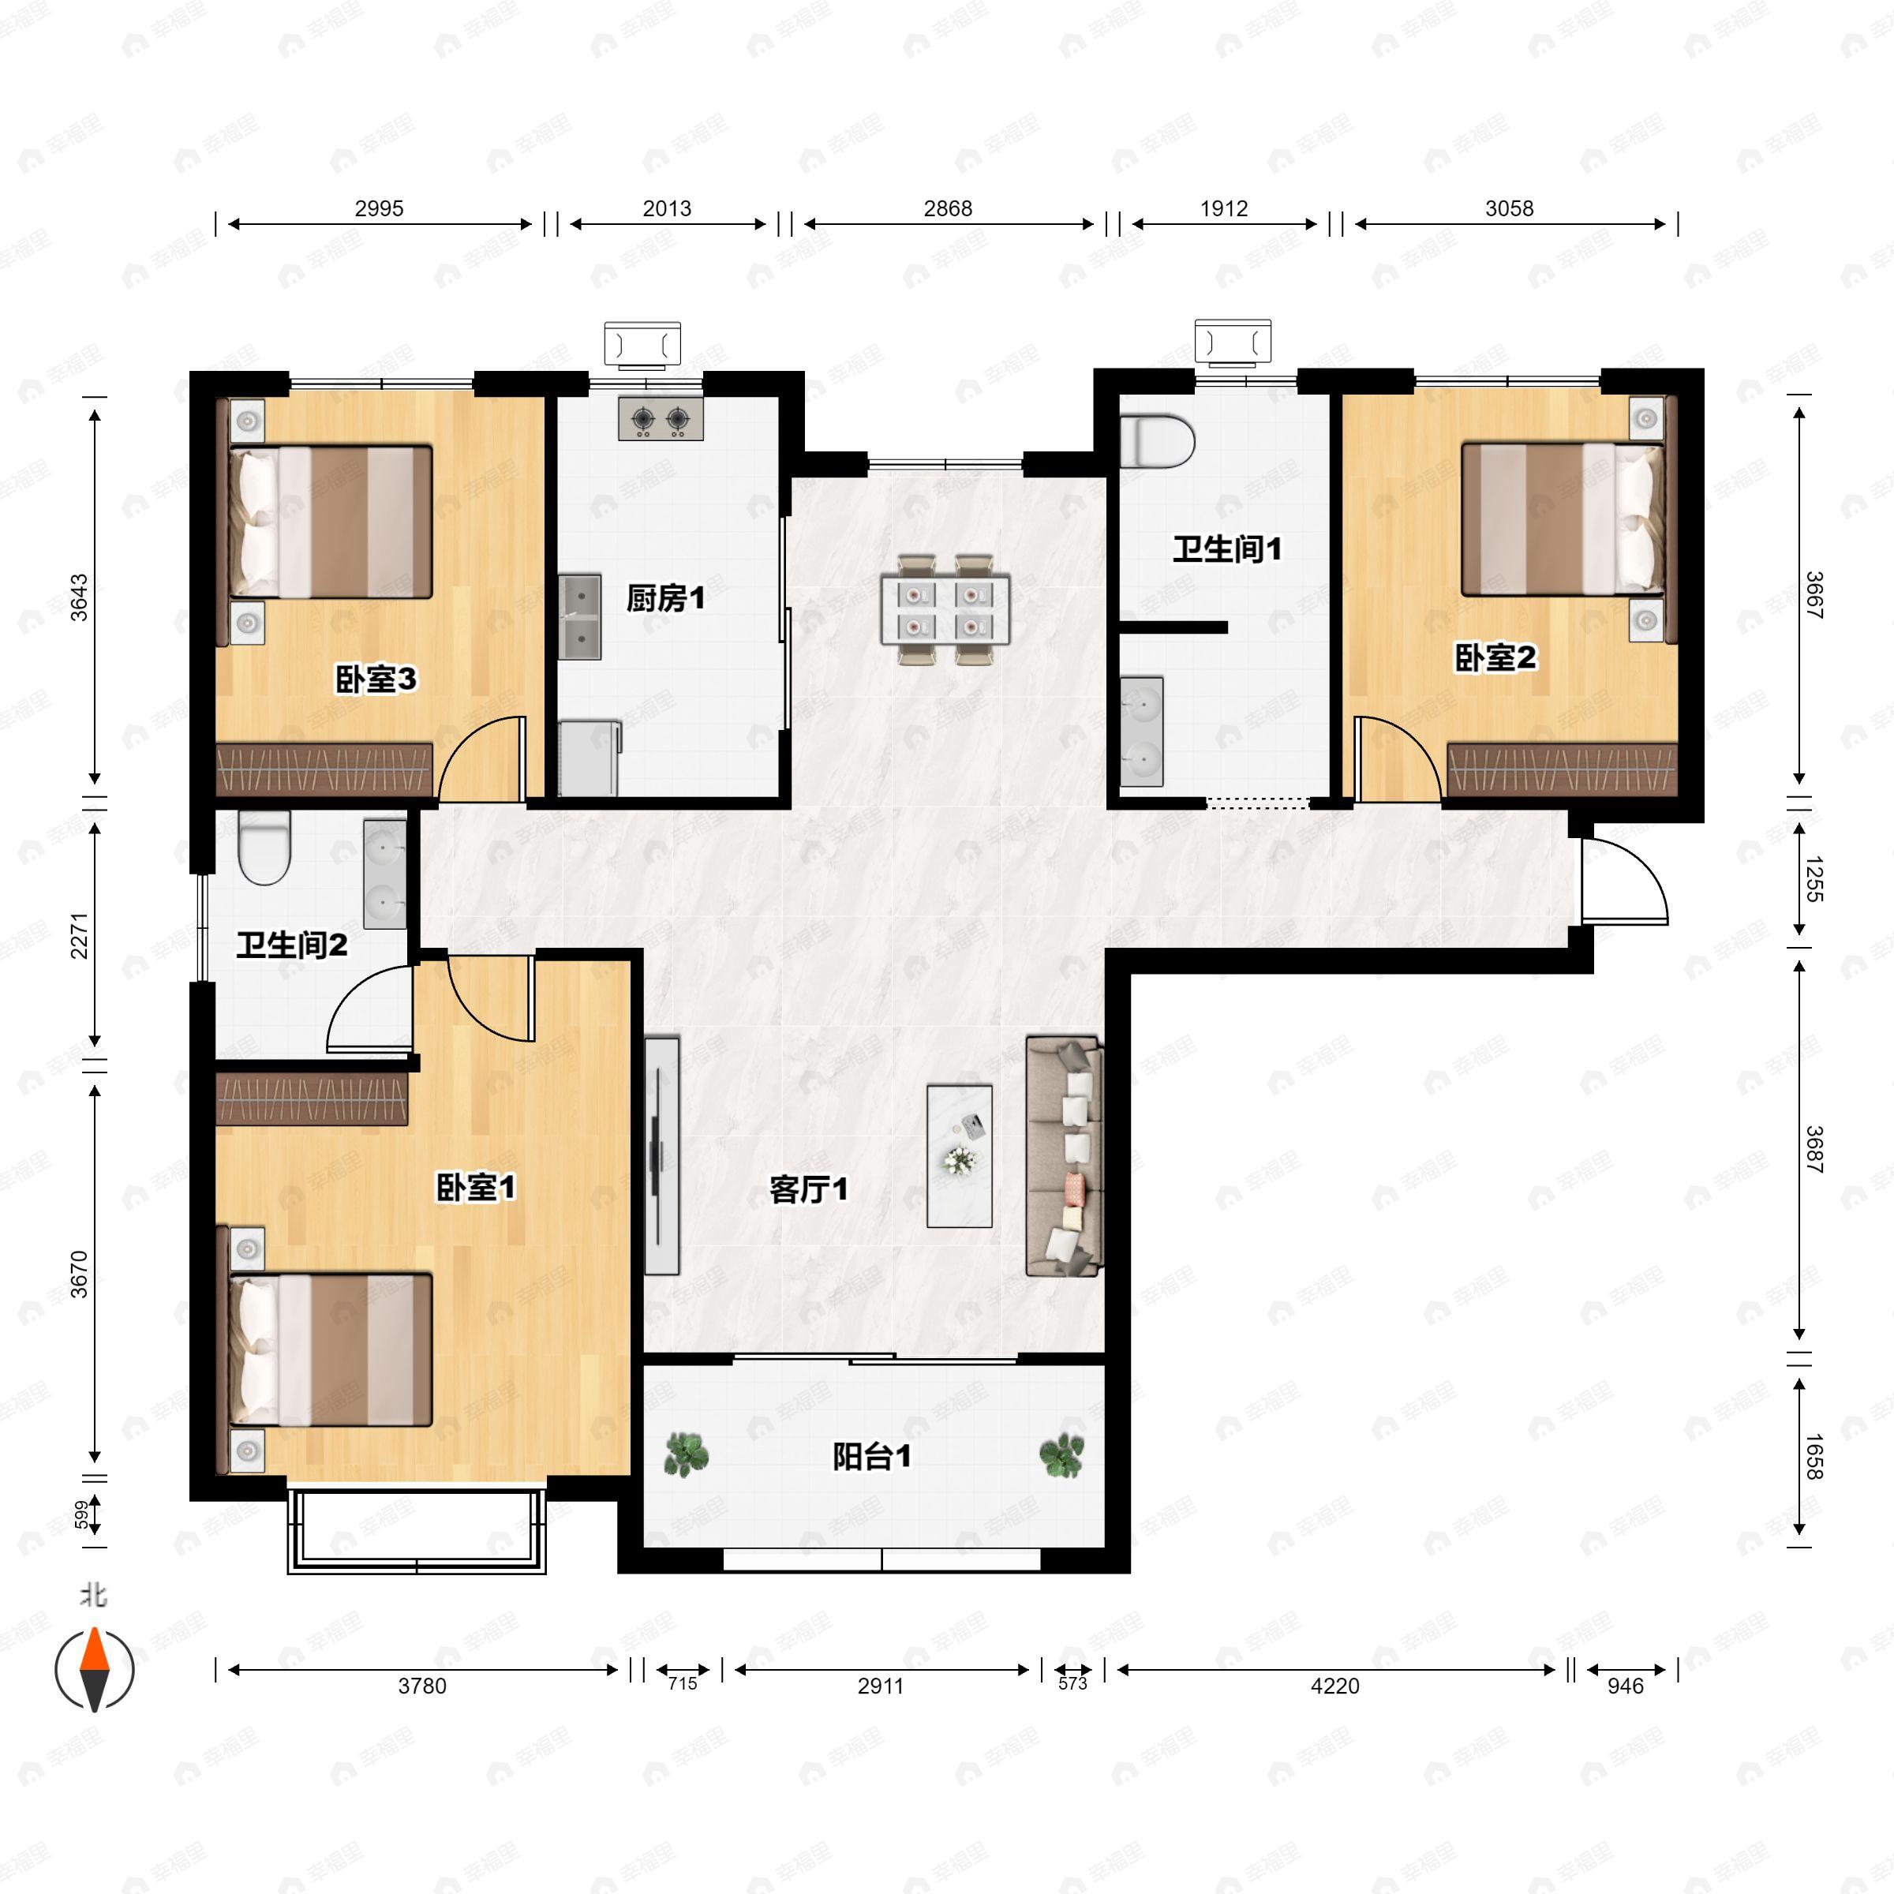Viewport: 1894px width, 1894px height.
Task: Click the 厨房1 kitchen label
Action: [x=665, y=598]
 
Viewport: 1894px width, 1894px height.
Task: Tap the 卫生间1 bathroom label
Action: [x=1227, y=549]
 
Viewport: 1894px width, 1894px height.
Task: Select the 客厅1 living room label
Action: [x=809, y=1189]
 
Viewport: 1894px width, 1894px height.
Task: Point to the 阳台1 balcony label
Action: [x=871, y=1457]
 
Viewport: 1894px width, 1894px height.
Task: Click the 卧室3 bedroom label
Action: [x=376, y=679]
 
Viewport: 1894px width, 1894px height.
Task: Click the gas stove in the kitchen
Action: [x=661, y=418]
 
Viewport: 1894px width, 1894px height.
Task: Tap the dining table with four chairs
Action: [x=945, y=610]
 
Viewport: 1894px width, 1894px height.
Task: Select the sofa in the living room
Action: [x=1065, y=1156]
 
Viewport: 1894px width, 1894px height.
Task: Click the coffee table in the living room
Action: [x=960, y=1156]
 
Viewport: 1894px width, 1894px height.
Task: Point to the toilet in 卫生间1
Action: [x=1157, y=442]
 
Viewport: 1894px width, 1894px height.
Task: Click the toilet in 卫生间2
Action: [x=264, y=848]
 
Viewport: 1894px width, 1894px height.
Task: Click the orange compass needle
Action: [x=94, y=1649]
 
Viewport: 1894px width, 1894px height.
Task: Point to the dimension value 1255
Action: [x=1813, y=879]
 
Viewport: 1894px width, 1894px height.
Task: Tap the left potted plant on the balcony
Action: [x=687, y=1454]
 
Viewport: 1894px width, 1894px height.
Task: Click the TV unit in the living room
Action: [x=663, y=1156]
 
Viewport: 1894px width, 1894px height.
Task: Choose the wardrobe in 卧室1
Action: [x=312, y=1098]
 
